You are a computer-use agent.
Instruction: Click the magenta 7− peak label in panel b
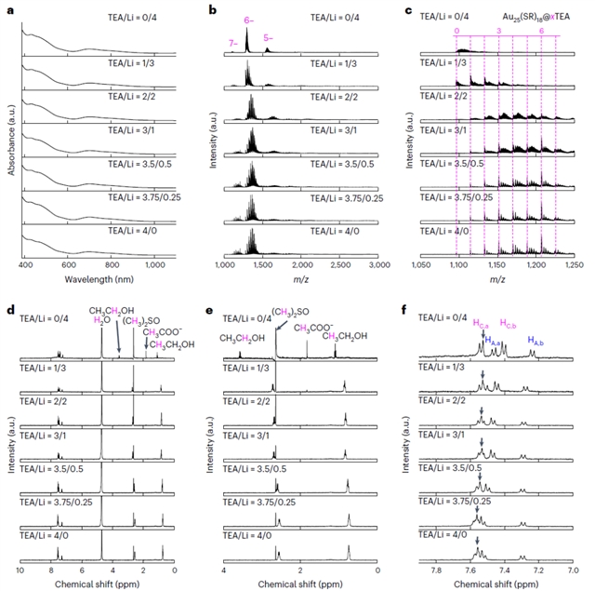[231, 44]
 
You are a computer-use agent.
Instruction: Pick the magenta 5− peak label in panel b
[269, 37]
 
